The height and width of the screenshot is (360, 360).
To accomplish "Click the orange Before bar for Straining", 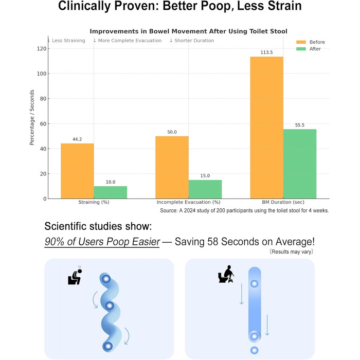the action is [x=77, y=171].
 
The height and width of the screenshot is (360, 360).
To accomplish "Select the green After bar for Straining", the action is [x=111, y=192].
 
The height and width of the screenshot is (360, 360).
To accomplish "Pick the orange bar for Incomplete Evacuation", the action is [x=172, y=167].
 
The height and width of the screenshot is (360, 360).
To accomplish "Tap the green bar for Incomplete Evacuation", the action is [x=205, y=189].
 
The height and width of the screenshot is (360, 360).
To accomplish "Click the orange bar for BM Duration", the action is [x=266, y=128].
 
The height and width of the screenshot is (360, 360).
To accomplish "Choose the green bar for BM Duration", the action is [x=300, y=164].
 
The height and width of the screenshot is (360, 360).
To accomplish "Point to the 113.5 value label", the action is [x=266, y=52].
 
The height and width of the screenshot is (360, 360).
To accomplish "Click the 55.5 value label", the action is [x=300, y=125].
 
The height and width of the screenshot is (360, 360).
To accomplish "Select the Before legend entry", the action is [x=311, y=42].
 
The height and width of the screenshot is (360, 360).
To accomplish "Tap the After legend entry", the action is [x=309, y=49].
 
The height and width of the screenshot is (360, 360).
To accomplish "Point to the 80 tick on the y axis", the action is [x=44, y=99].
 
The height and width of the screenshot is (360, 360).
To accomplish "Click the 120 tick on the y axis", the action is [x=42, y=49].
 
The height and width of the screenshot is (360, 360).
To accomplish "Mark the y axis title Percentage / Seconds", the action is [x=32, y=117].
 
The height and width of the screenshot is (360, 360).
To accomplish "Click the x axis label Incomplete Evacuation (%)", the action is [x=189, y=202].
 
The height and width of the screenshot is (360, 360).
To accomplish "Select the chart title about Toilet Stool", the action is [x=189, y=31].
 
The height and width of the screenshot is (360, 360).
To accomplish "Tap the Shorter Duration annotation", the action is [x=192, y=41].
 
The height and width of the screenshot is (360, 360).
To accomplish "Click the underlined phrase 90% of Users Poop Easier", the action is [x=102, y=242].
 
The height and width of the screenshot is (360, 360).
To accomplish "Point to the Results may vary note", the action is [x=292, y=251].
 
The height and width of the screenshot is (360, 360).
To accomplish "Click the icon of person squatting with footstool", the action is [x=226, y=274].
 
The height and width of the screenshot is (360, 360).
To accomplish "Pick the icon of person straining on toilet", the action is [x=75, y=277].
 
